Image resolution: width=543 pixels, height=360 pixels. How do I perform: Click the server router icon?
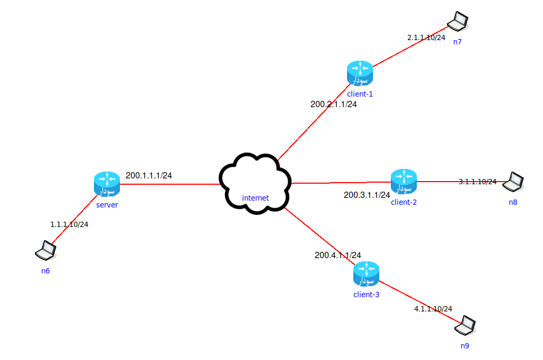point(107,183)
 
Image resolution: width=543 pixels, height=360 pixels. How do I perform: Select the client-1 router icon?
point(360,73)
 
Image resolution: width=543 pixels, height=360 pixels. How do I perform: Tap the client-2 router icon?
point(404,181)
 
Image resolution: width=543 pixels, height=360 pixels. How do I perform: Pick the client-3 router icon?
point(366,273)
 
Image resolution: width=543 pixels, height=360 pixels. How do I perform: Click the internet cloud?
point(256,183)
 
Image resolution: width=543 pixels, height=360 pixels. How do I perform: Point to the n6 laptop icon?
point(45,251)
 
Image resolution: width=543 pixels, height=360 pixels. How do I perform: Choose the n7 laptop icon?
point(457,22)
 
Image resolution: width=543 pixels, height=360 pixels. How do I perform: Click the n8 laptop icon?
point(513,182)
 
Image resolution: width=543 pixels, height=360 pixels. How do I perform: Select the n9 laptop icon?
point(465,325)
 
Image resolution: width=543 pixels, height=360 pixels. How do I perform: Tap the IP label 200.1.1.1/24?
point(149,175)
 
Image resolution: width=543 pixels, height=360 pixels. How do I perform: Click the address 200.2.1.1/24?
point(334,105)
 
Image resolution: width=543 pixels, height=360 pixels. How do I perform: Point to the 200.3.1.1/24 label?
point(367,195)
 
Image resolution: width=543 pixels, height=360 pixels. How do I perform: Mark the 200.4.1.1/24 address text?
point(338,255)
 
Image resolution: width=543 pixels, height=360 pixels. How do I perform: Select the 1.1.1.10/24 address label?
point(69,224)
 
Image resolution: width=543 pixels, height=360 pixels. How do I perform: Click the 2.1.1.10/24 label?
point(426,38)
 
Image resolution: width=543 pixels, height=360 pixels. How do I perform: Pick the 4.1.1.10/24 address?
point(433,309)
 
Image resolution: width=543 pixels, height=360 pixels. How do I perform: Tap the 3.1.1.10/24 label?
point(478,182)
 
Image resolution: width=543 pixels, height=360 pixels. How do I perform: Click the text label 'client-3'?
point(366,295)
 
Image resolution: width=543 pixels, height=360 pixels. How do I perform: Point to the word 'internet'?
point(255,198)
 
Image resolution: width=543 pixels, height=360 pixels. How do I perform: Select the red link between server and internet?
point(169,184)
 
